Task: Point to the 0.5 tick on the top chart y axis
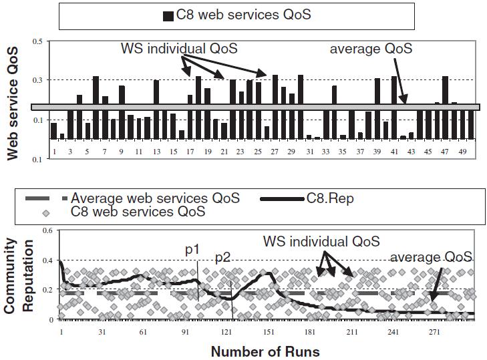pos(37,41)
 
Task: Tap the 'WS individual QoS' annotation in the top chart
pos(179,49)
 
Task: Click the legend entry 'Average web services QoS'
pos(155,198)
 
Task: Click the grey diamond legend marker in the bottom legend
pos(45,212)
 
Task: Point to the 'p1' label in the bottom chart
pos(192,250)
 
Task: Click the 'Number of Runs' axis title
pos(265,351)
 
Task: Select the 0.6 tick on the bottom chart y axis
pos(47,230)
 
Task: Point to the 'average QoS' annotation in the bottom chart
pos(432,257)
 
